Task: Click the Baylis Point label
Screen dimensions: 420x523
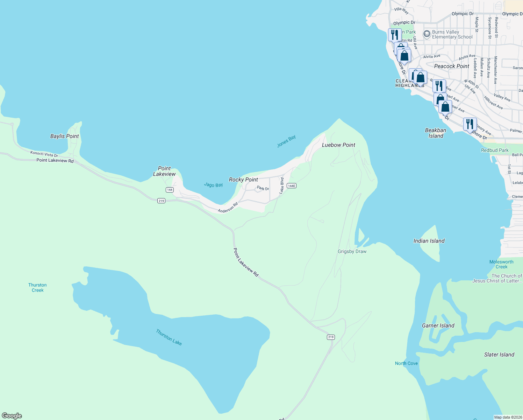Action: (64, 136)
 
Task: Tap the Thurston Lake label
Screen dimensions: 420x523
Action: (169, 337)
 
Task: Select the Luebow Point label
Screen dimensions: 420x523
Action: (338, 145)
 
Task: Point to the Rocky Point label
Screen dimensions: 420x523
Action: (243, 180)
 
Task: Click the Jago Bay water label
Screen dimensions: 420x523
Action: (213, 185)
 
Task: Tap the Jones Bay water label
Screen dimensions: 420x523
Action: (286, 141)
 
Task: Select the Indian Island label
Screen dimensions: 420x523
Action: (429, 241)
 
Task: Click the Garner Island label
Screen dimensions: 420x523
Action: (438, 325)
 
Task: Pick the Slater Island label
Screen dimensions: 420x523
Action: (499, 355)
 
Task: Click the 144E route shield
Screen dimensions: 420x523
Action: (292, 186)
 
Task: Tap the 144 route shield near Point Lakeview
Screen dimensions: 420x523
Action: (170, 190)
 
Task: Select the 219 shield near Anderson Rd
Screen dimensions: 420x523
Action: (161, 201)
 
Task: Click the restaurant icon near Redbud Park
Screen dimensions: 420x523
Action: (470, 124)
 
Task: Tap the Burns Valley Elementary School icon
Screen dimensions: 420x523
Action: (427, 34)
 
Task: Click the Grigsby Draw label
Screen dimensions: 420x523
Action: (352, 251)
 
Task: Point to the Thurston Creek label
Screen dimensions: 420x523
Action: (37, 287)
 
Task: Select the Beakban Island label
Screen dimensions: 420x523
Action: (436, 133)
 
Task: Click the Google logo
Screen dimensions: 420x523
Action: (12, 415)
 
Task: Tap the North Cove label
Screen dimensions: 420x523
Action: (406, 363)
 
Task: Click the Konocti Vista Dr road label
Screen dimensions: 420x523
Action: (44, 154)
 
